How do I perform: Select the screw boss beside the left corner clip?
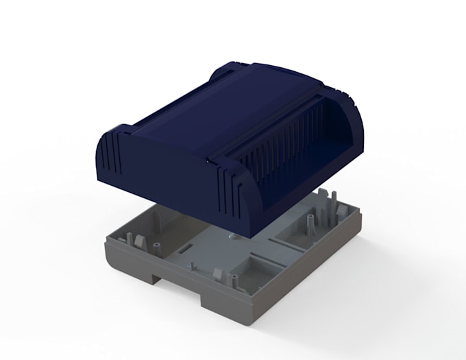point(156,245)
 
